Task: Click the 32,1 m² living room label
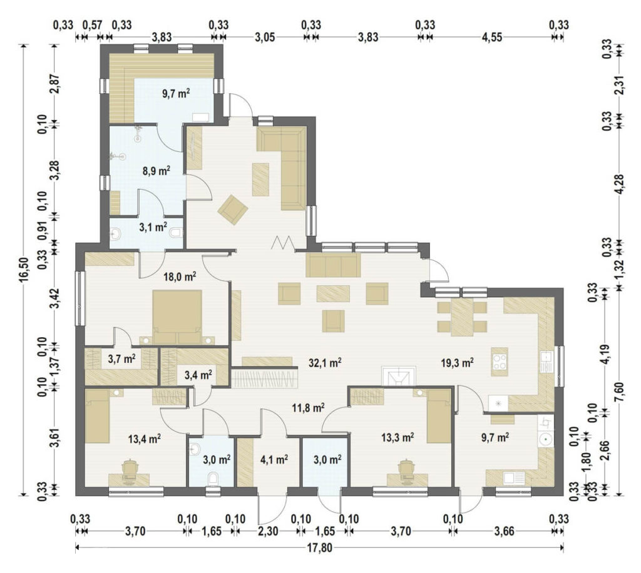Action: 325,363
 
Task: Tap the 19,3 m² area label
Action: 458,362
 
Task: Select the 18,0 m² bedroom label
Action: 180,277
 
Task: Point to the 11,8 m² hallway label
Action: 308,407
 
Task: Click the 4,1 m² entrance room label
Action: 274,460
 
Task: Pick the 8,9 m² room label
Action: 156,171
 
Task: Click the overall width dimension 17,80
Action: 319,548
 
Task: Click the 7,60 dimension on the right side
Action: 623,392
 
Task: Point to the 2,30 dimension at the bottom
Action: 268,531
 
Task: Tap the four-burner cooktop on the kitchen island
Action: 500,362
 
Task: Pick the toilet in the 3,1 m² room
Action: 176,233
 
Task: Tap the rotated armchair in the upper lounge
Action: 233,210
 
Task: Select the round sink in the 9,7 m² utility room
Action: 545,440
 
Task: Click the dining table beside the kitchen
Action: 462,317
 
